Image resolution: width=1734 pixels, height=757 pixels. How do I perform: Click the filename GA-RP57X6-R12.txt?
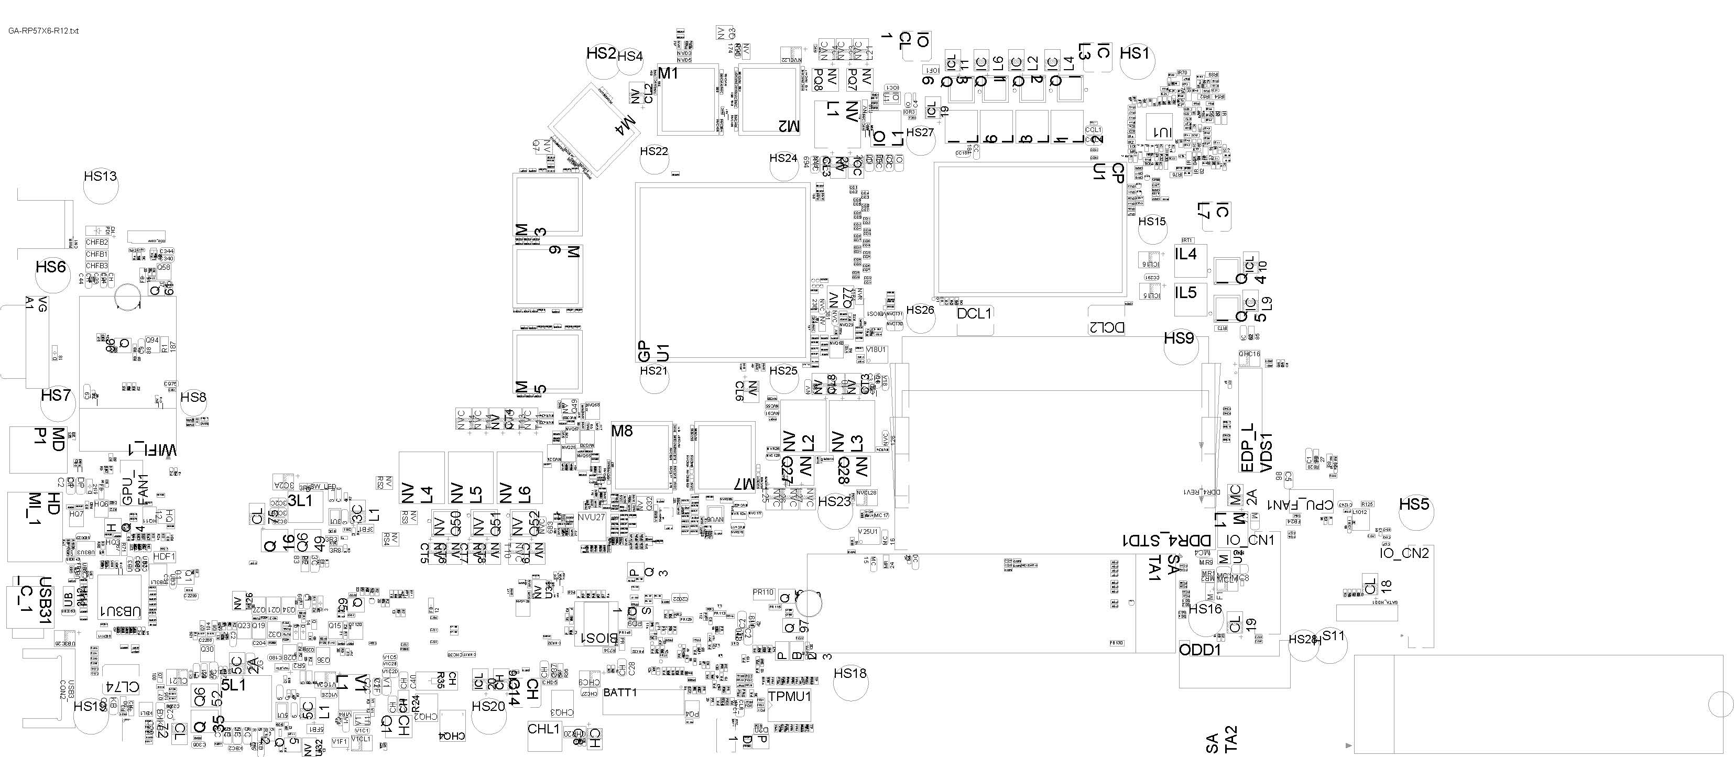[x=43, y=31]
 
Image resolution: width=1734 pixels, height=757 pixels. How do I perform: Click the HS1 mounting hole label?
[x=1135, y=53]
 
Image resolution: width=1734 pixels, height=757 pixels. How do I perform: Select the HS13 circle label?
[x=100, y=177]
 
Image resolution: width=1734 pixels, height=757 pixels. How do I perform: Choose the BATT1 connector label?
[x=620, y=693]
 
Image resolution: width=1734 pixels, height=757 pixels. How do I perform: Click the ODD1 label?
[x=1199, y=651]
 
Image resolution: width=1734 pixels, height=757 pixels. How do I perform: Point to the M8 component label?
[x=622, y=431]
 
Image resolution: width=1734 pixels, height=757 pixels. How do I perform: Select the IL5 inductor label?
[x=1186, y=293]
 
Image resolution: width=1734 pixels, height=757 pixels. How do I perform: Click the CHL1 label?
[x=543, y=729]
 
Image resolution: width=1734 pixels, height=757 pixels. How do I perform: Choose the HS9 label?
[x=1179, y=338]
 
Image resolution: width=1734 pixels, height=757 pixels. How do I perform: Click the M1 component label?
[x=668, y=73]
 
